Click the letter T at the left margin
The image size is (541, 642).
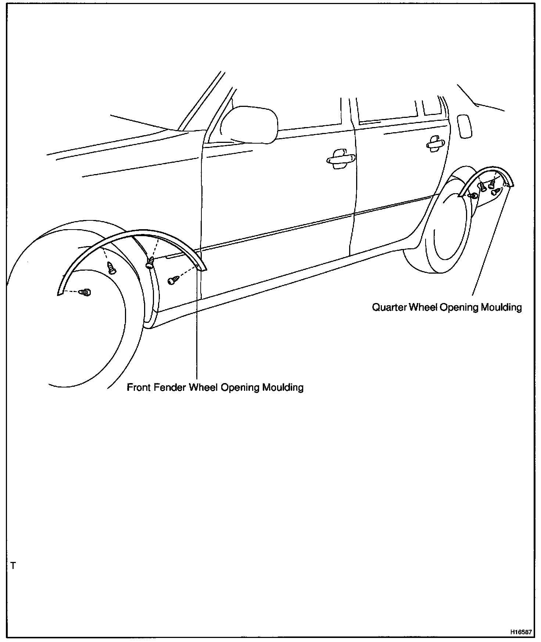[x=13, y=566]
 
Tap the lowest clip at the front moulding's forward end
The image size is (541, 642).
[x=86, y=292]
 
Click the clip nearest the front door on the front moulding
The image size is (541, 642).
[x=173, y=280]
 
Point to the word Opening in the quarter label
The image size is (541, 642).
[x=458, y=307]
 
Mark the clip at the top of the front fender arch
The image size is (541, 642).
[x=111, y=267]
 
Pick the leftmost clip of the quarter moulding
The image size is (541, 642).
[x=474, y=195]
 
